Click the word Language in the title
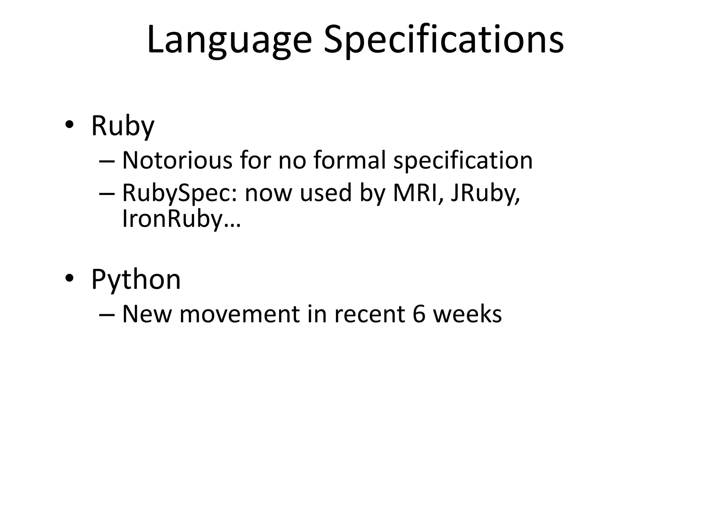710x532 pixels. click(229, 40)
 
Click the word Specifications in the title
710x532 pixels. click(443, 40)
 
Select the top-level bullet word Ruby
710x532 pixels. click(122, 126)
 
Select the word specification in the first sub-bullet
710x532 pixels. click(463, 161)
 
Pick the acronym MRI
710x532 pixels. click(418, 193)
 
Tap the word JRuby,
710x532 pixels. click(485, 193)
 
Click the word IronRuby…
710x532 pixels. click(181, 219)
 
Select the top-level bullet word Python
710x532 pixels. click(136, 280)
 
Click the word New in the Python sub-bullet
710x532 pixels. click(147, 314)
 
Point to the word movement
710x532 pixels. click(239, 314)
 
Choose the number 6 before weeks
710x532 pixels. click(419, 314)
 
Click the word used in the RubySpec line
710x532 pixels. click(326, 193)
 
